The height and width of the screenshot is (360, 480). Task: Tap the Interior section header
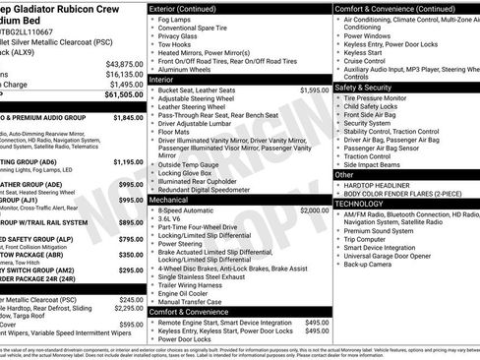click(167, 80)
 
